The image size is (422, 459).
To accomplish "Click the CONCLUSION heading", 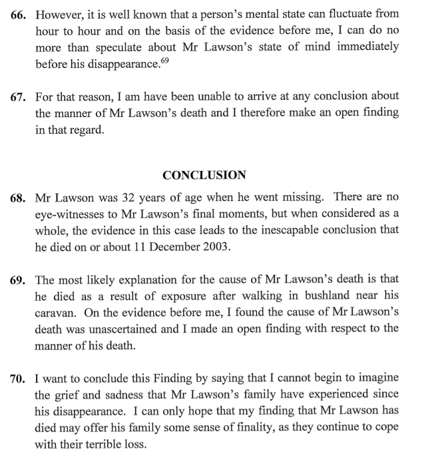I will tap(204, 176).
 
